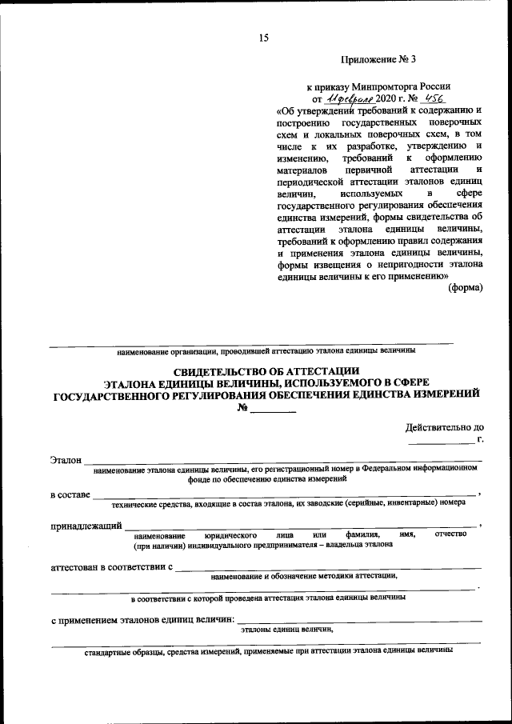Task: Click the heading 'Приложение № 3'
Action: click(x=378, y=59)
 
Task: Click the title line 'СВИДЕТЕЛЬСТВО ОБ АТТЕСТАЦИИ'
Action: click(x=267, y=370)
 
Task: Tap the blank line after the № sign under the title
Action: click(x=274, y=410)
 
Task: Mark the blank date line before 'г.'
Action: click(x=440, y=442)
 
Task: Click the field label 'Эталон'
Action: click(x=66, y=461)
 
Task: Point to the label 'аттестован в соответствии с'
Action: click(x=112, y=567)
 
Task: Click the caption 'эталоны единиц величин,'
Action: click(x=286, y=630)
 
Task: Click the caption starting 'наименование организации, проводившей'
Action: click(x=266, y=350)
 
